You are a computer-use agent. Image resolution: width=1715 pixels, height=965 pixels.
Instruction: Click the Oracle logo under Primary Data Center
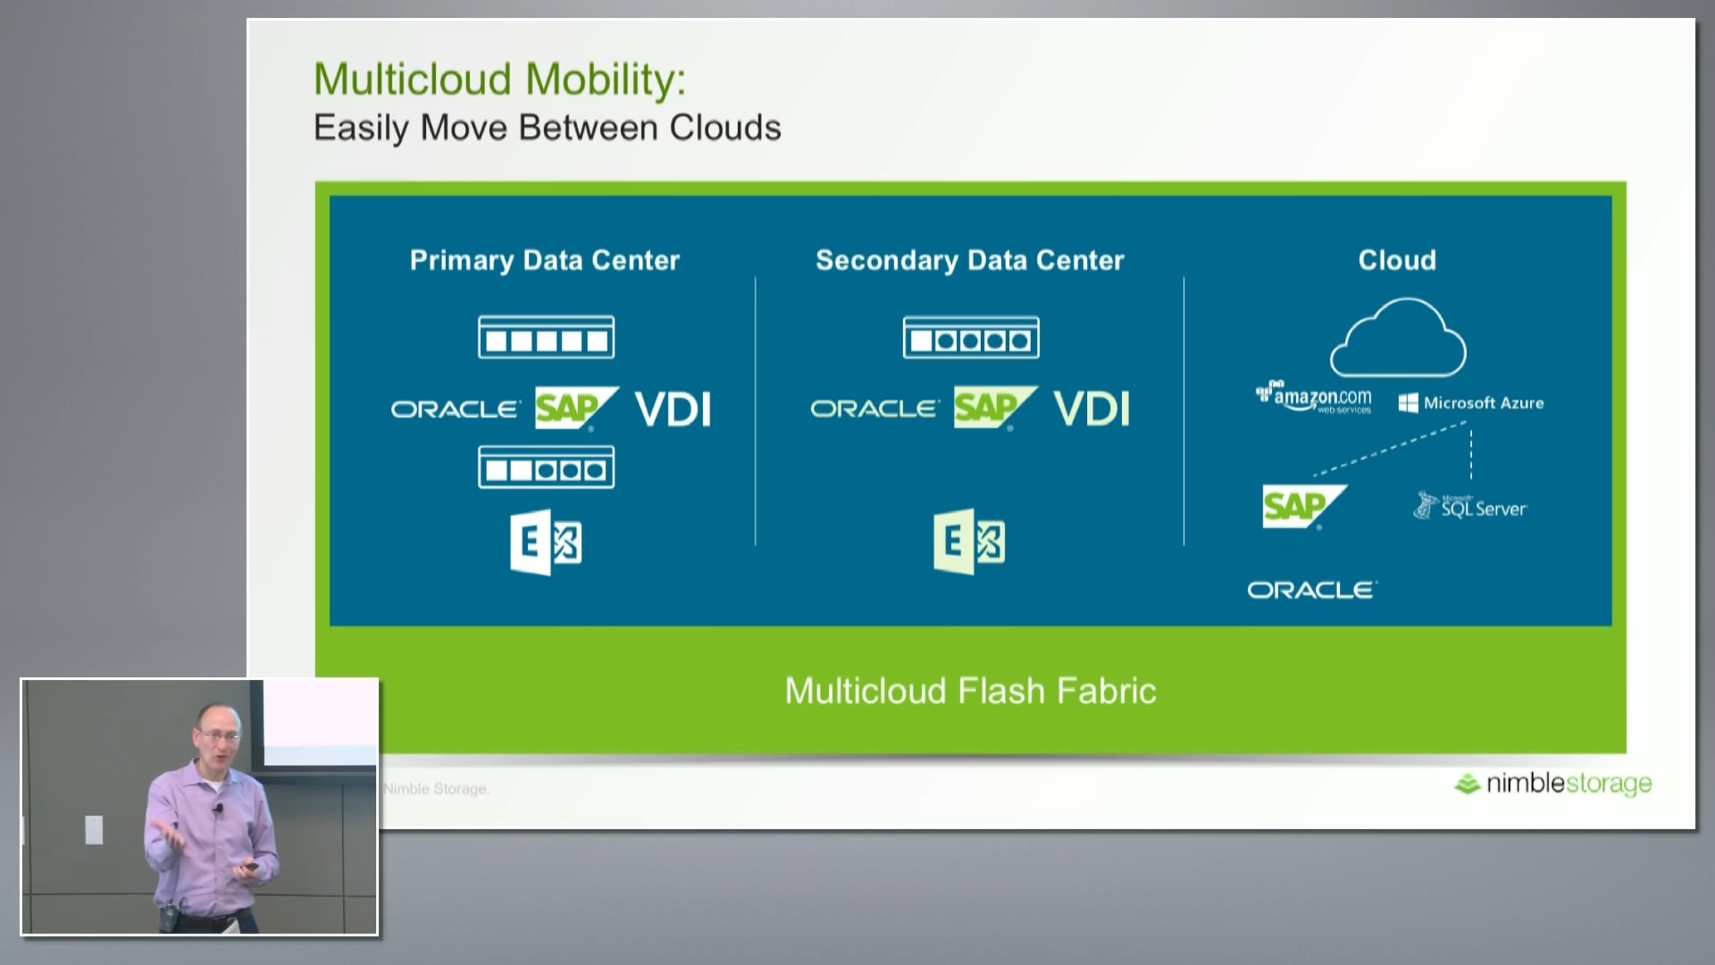tap(454, 410)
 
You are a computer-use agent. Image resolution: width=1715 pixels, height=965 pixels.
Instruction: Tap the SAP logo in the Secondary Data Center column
tap(993, 408)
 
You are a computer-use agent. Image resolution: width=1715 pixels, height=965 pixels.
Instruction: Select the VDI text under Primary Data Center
tap(673, 410)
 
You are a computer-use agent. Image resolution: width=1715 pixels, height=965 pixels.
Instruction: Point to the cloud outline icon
tap(1398, 338)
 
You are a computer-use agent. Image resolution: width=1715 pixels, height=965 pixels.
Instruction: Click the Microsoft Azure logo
tap(1471, 403)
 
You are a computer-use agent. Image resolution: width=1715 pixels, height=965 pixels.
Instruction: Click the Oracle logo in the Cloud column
tap(1312, 590)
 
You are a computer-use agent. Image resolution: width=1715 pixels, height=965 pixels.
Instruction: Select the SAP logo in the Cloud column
tap(1303, 507)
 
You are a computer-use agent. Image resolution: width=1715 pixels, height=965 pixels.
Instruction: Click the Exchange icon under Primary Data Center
tap(546, 542)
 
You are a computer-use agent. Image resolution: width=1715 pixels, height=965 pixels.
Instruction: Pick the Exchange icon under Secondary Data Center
tap(969, 541)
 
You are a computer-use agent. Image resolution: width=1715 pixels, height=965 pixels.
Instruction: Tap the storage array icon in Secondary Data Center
tap(970, 337)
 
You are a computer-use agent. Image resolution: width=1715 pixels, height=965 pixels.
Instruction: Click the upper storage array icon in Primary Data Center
tap(546, 337)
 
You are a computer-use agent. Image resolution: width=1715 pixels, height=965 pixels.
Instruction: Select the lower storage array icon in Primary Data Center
tap(546, 467)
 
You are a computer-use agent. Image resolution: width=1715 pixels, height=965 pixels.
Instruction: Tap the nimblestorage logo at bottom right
tap(1554, 784)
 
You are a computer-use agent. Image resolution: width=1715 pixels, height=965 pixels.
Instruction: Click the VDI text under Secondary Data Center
tap(1092, 410)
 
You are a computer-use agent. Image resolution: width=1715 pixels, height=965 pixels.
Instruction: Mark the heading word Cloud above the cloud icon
tap(1397, 260)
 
